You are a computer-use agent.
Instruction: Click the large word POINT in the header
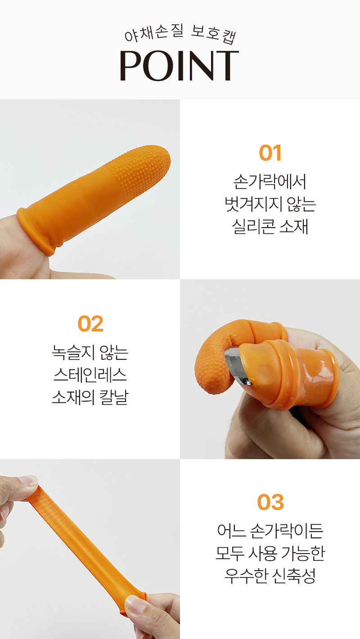(x=179, y=66)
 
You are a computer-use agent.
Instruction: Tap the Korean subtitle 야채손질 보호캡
(x=180, y=35)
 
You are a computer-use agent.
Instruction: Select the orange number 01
(x=270, y=153)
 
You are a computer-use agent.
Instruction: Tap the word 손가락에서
(x=270, y=182)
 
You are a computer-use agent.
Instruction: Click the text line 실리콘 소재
(x=270, y=227)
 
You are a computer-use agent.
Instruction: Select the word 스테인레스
(x=90, y=375)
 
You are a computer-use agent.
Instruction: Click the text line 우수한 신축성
(x=270, y=576)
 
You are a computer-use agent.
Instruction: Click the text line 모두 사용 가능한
(x=270, y=553)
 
